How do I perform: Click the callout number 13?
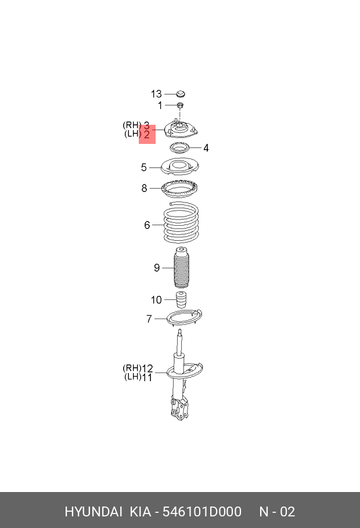tap(156, 94)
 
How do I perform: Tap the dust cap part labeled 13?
tap(181, 94)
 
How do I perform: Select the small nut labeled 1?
tap(181, 105)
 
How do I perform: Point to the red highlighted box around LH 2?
tap(147, 134)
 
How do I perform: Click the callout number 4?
tap(206, 148)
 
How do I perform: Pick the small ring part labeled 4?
tap(181, 147)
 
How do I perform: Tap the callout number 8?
tap(145, 188)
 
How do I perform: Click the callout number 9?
tap(156, 267)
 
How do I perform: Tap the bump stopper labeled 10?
tap(182, 302)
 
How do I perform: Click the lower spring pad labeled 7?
tap(184, 319)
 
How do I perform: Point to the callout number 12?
tap(147, 368)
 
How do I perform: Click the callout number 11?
tap(147, 377)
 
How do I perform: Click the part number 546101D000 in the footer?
tap(201, 512)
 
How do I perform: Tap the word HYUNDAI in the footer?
tap(93, 512)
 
